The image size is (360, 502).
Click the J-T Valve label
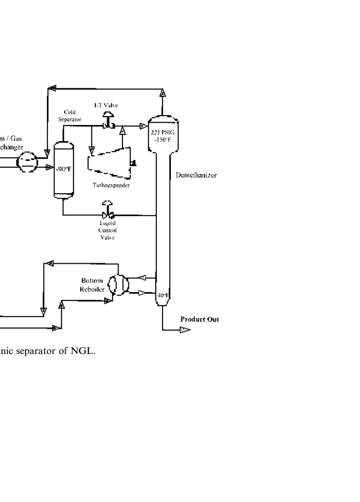coord(106,105)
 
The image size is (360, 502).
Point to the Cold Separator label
coord(73,115)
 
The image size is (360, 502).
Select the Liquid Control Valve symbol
coord(107,214)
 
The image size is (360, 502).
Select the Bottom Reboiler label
coord(92,285)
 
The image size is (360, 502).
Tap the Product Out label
coord(199,319)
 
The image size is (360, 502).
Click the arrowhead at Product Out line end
coord(185,330)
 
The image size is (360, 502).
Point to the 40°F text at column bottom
coord(162,295)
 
